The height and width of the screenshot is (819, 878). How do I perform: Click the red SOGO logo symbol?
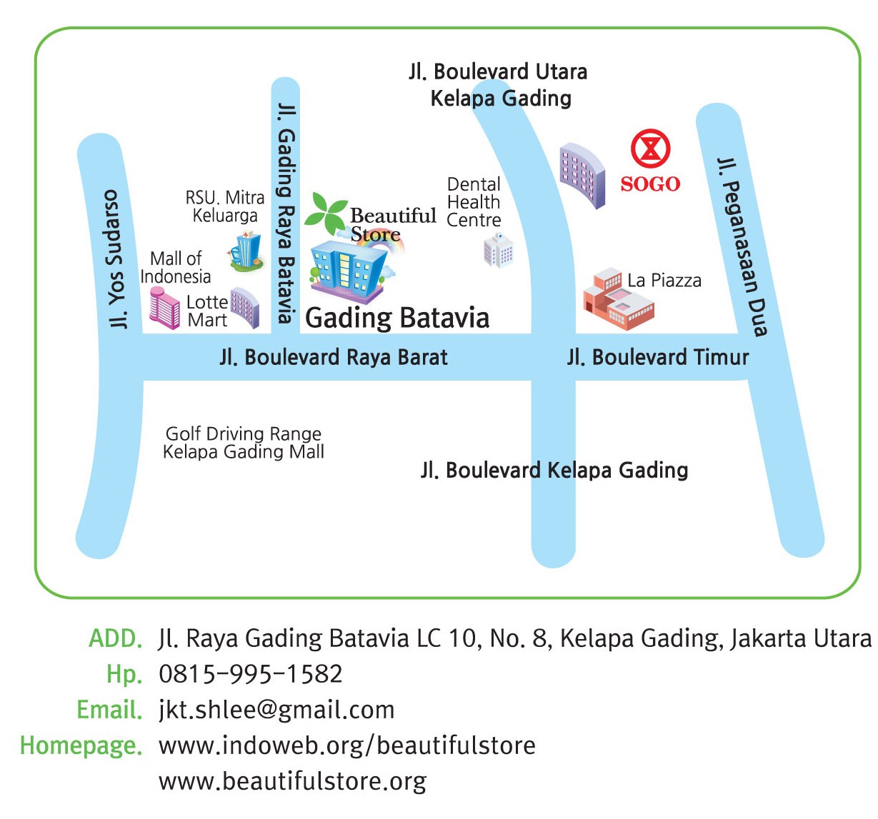point(650,149)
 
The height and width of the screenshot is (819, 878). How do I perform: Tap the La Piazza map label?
point(664,281)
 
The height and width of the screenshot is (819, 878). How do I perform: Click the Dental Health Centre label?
point(474,202)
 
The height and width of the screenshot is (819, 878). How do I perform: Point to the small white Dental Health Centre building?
point(498,251)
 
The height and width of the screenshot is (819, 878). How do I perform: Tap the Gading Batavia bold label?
point(397,318)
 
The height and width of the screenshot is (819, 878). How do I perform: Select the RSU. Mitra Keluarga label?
point(225,206)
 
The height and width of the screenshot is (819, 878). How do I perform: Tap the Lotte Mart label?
point(207,311)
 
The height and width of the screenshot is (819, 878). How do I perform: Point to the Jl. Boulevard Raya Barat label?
point(334,357)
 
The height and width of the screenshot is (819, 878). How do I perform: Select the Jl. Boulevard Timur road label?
point(657,357)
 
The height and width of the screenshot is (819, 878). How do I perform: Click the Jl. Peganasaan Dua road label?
point(742,246)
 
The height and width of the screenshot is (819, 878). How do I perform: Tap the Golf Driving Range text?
point(244,433)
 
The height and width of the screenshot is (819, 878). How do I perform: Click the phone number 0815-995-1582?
point(251,673)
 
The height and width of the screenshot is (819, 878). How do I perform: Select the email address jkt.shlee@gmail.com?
point(276,710)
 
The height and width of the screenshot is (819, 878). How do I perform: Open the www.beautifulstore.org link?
point(292,781)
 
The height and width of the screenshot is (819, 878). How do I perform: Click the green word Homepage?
point(81,745)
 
